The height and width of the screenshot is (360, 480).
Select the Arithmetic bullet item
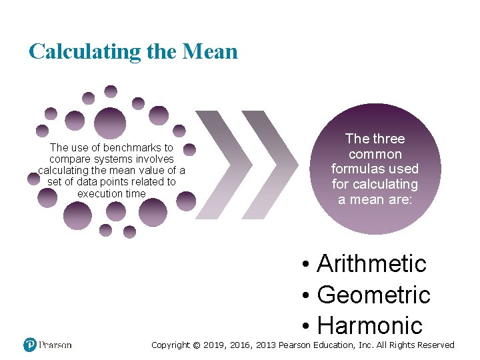[x=371, y=264]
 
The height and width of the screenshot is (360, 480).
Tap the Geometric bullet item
[x=373, y=295]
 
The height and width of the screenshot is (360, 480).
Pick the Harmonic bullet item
[x=370, y=325]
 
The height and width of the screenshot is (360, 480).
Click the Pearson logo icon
[x=30, y=345]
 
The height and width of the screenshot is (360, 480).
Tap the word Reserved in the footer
[x=433, y=345]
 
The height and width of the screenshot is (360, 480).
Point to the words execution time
[x=111, y=193]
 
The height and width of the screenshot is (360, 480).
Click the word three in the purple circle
[x=389, y=139]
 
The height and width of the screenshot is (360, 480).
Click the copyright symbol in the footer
[x=196, y=345]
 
